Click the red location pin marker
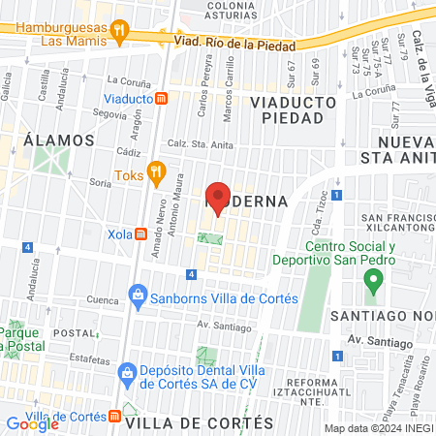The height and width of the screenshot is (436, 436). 219,198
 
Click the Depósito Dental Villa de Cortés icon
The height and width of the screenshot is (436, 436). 125,372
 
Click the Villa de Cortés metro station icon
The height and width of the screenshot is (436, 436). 115,416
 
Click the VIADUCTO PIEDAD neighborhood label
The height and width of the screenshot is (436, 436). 293,109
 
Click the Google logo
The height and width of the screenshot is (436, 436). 33,423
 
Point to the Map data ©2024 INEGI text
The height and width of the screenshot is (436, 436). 378,428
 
